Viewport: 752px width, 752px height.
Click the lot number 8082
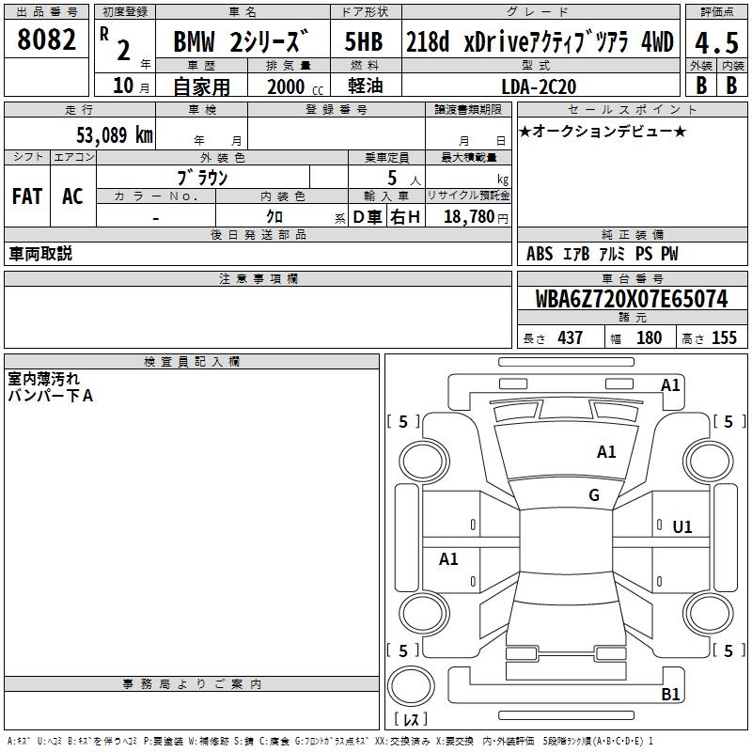pos(47,39)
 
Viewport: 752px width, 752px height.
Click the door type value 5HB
pos(363,42)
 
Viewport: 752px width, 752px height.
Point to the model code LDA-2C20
pos(540,86)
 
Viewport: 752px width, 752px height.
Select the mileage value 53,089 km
pos(114,134)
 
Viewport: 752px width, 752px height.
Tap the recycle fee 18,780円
pos(476,217)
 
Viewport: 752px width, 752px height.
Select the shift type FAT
pos(26,196)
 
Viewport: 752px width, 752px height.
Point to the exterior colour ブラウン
pos(202,177)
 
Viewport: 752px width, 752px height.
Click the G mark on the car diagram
pos(594,495)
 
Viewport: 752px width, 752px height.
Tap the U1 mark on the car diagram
pos(682,527)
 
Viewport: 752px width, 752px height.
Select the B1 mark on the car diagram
pos(670,695)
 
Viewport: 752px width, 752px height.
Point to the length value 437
pos(570,338)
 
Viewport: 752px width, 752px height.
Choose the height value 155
pos(724,338)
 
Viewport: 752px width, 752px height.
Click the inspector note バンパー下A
pos(51,396)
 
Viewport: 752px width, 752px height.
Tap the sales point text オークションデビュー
pos(602,132)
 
